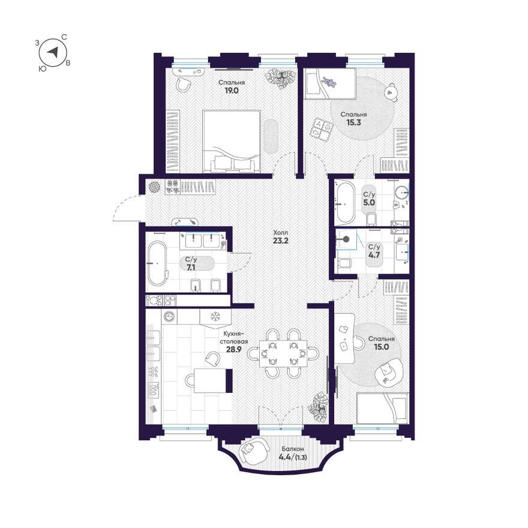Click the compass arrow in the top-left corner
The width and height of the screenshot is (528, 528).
click(53, 52)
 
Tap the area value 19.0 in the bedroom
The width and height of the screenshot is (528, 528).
click(232, 90)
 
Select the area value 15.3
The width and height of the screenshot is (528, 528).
click(353, 122)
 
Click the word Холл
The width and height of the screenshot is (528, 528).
click(280, 233)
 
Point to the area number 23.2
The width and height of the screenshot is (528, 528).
click(281, 241)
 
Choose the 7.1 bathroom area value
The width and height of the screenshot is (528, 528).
click(191, 268)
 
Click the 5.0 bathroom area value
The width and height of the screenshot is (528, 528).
click(369, 203)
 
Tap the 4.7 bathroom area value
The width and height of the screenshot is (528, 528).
click(374, 255)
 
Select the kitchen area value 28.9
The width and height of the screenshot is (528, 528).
click(233, 350)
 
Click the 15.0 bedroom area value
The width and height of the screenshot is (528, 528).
click(382, 347)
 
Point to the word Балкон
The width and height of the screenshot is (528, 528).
click(293, 449)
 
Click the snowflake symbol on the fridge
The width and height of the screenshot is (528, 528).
click(215, 317)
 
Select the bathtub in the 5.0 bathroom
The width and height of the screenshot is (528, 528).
click(344, 203)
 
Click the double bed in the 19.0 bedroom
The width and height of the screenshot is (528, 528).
click(232, 142)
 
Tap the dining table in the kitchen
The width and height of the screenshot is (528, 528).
click(283, 353)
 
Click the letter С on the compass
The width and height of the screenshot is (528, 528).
click(64, 37)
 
